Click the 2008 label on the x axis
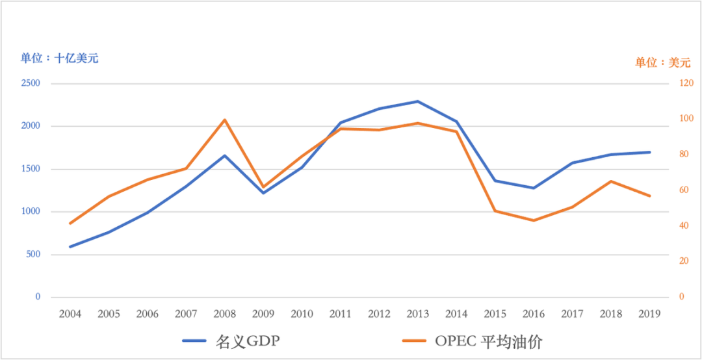coord(225,315)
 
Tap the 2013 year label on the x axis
coord(418,315)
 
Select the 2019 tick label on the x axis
coord(650,315)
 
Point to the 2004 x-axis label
coord(70,315)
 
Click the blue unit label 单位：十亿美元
coord(59,58)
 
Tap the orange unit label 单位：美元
coord(662,63)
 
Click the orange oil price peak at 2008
coord(225,120)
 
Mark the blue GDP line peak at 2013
coord(418,101)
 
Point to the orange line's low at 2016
coord(534,220)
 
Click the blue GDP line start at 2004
coord(70,246)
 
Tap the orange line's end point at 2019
coord(650,196)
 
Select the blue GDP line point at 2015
coord(495,181)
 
